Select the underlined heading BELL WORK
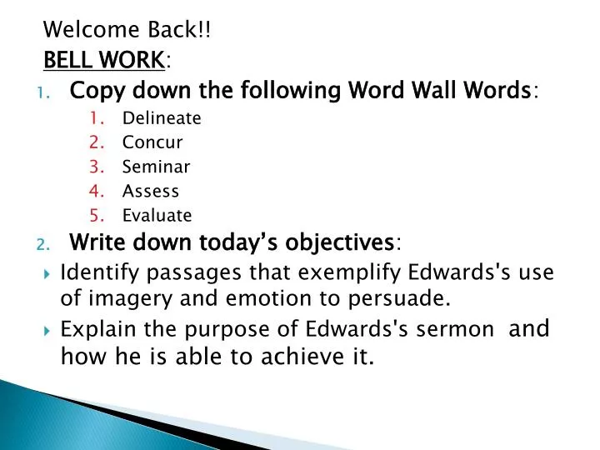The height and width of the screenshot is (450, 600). [103, 59]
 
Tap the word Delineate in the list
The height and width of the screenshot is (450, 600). [162, 117]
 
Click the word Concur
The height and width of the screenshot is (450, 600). [152, 142]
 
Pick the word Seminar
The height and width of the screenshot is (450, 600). [156, 167]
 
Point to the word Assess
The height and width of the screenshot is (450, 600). [150, 191]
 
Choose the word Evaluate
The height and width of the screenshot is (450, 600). [157, 216]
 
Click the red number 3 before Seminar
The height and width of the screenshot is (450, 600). [97, 167]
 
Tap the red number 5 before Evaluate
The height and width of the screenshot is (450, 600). [97, 216]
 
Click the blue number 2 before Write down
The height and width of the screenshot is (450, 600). [42, 244]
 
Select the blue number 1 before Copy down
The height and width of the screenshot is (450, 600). [42, 91]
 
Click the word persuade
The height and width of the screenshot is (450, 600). [403, 298]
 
